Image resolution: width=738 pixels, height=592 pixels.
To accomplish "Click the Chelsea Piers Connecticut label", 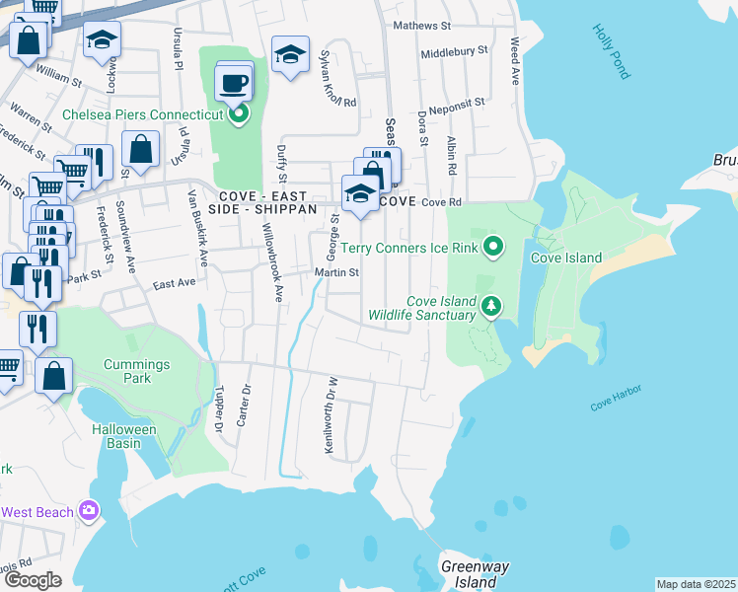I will click(143, 115).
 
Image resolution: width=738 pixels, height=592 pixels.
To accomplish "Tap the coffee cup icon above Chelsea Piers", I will click(233, 83).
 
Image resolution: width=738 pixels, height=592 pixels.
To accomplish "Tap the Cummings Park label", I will click(137, 372).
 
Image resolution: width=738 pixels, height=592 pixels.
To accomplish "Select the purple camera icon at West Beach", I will click(89, 511).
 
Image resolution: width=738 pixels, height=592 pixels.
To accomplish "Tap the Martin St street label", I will click(335, 272).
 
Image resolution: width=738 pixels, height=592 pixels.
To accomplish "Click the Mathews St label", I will click(421, 26).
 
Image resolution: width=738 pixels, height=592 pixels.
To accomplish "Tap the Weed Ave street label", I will click(514, 60).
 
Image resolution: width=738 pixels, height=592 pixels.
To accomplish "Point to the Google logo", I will click(33, 579).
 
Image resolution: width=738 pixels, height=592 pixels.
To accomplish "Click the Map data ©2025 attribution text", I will click(696, 584).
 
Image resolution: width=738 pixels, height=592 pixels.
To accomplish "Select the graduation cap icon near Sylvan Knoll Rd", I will click(290, 56).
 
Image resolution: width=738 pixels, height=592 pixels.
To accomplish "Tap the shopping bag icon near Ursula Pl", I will click(141, 150).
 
